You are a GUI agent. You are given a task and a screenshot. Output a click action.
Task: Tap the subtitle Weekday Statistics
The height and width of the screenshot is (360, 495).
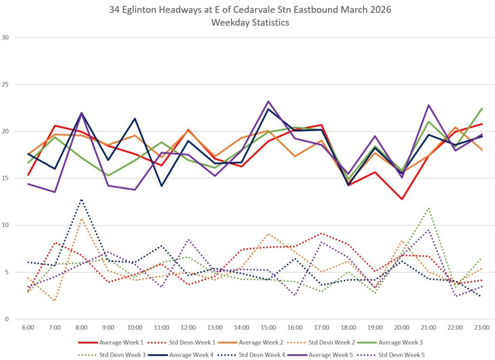click(x=250, y=23)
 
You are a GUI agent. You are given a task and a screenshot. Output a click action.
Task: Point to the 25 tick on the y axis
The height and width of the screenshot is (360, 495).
click(x=5, y=84)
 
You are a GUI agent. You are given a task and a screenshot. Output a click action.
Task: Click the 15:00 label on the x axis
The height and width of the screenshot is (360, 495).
click(x=268, y=328)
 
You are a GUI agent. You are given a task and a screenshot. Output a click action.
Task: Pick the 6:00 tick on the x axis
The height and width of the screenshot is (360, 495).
click(x=28, y=328)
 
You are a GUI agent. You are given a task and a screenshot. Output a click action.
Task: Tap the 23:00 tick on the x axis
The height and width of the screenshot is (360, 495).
click(x=482, y=328)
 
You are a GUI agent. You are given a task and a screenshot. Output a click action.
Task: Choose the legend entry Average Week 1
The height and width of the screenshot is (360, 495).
click(x=111, y=342)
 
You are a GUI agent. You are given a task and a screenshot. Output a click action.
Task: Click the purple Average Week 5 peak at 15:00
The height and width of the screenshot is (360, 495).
click(x=268, y=101)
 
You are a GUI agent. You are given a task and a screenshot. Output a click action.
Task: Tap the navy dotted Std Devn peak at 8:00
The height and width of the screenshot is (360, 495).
click(x=81, y=200)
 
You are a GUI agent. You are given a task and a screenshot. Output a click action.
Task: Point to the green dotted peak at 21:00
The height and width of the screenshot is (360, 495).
click(x=428, y=209)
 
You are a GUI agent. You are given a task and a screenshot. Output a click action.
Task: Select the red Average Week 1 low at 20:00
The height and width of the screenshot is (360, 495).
click(x=402, y=199)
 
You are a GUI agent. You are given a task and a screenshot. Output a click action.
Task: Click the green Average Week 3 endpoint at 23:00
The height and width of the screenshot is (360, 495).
click(x=482, y=109)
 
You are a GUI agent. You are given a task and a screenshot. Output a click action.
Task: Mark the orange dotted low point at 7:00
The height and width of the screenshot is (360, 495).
click(x=55, y=301)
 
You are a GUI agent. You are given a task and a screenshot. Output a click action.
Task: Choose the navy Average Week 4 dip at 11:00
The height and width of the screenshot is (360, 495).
click(x=161, y=186)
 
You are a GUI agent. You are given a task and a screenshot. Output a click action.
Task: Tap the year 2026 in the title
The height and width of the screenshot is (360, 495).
click(x=380, y=10)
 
